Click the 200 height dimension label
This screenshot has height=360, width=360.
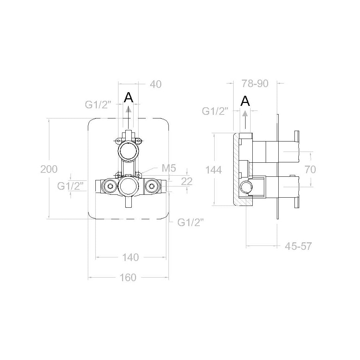[49, 169]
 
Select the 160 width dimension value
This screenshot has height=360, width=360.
[128, 278]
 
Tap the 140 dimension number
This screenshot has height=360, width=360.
[130, 257]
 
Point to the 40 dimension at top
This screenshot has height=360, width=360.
[156, 84]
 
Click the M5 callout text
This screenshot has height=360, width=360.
[169, 168]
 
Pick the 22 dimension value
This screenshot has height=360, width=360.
[187, 181]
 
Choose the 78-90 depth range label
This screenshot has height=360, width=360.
[255, 84]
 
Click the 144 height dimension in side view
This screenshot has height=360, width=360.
[213, 170]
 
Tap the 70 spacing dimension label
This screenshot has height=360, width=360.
[310, 170]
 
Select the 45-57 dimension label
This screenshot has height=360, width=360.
[298, 246]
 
